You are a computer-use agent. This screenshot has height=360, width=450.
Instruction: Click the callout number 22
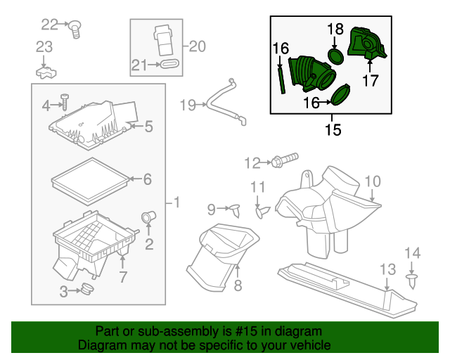click(49, 25)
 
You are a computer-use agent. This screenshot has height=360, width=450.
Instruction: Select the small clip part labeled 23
click(44, 71)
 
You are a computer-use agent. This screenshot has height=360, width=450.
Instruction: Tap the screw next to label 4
click(63, 103)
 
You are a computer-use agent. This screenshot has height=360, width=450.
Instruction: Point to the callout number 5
click(148, 127)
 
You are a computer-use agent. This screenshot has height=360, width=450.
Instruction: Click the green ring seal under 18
click(336, 55)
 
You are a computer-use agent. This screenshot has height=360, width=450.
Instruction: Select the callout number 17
click(371, 81)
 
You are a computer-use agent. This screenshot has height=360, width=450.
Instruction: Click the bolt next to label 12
click(285, 160)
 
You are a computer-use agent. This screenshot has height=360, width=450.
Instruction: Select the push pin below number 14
click(411, 282)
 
